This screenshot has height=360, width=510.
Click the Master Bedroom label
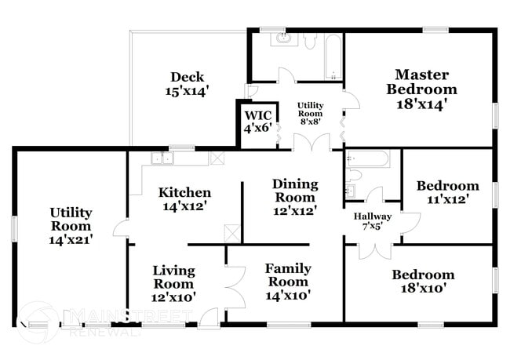click(x=421, y=89)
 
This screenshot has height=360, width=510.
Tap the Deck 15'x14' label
click(x=187, y=84)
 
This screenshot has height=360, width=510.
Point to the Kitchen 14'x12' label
click(x=184, y=199)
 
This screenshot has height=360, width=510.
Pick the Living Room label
click(x=173, y=283)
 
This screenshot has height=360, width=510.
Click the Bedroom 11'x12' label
click(x=447, y=193)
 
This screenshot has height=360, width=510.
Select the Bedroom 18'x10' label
click(x=423, y=281)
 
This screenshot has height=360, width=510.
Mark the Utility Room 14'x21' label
click(x=71, y=226)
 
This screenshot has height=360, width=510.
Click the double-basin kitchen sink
click(x=162, y=158)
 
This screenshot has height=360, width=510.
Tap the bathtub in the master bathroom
click(x=333, y=56)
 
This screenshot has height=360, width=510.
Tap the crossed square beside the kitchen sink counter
click(x=217, y=158)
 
